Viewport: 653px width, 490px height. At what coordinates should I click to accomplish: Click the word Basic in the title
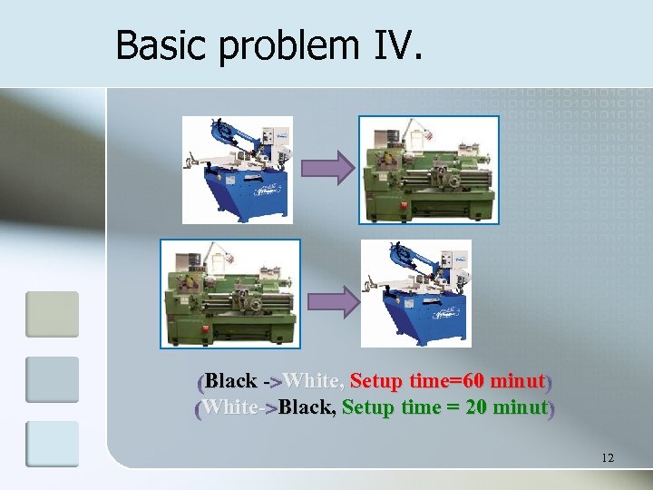tap(157, 44)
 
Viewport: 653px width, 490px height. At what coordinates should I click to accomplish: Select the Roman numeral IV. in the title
tap(396, 44)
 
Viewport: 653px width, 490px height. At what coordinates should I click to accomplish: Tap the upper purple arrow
tap(326, 168)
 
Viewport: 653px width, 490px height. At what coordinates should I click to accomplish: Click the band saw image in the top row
tap(237, 170)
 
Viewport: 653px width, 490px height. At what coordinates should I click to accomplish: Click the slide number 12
tap(607, 458)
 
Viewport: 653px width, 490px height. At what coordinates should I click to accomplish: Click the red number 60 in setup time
tap(476, 380)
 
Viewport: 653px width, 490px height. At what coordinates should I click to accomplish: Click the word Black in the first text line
tap(231, 380)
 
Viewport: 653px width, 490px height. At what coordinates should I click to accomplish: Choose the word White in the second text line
tap(229, 407)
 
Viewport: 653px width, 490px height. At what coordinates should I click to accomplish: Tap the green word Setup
tap(368, 407)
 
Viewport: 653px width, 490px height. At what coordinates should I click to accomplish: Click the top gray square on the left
tap(52, 314)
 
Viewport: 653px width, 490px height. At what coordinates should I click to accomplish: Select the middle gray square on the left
tap(52, 379)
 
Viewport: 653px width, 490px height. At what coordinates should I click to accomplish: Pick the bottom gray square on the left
tap(52, 444)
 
